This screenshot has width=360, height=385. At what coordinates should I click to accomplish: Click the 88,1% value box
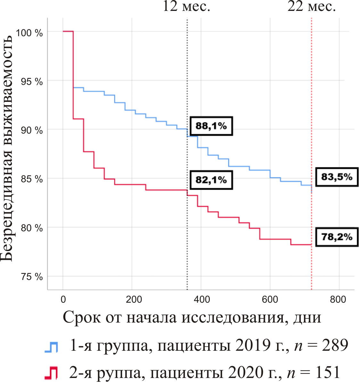(211, 126)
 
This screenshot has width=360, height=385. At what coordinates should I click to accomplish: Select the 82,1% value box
(211, 180)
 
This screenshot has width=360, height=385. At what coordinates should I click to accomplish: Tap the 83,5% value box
(337, 176)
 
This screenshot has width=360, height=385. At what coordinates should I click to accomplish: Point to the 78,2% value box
(337, 237)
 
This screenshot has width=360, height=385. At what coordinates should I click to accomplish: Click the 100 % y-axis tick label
(29, 33)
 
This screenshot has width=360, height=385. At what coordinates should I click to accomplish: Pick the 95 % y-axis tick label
(32, 82)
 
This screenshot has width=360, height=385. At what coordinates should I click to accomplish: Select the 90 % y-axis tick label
(32, 130)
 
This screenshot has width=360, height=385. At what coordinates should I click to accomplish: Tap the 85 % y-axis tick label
(32, 179)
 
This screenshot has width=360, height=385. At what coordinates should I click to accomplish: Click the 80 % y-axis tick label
(32, 228)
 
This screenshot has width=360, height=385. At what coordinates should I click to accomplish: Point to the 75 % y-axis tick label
(32, 277)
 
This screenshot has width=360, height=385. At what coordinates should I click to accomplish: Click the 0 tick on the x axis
(63, 299)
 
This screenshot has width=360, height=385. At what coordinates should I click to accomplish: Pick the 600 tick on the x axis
(270, 299)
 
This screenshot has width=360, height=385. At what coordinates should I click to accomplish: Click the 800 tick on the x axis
(338, 299)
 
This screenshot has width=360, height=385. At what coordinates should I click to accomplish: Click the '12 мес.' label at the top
(187, 6)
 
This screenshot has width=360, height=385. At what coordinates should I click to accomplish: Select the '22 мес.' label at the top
(311, 6)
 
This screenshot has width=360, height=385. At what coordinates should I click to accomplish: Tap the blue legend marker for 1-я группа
(51, 347)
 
